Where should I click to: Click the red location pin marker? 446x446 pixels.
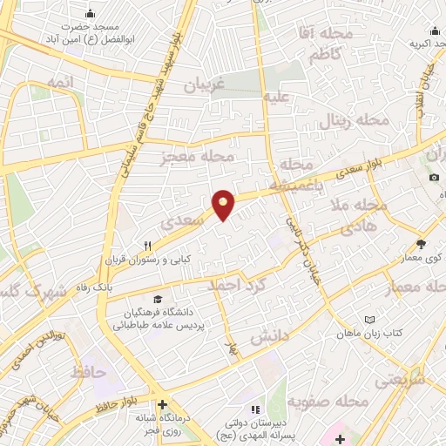(x=223, y=204)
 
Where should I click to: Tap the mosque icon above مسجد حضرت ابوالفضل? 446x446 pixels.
(x=91, y=14)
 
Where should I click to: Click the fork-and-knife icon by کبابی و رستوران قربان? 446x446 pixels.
(x=149, y=245)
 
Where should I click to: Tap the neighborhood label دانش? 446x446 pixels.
(x=268, y=335)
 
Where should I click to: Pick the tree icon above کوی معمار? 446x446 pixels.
(x=422, y=244)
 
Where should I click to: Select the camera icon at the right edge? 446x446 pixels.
(x=434, y=178)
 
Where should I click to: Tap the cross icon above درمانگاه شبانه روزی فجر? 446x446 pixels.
(x=162, y=403)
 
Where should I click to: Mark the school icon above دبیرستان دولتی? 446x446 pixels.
(x=254, y=409)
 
